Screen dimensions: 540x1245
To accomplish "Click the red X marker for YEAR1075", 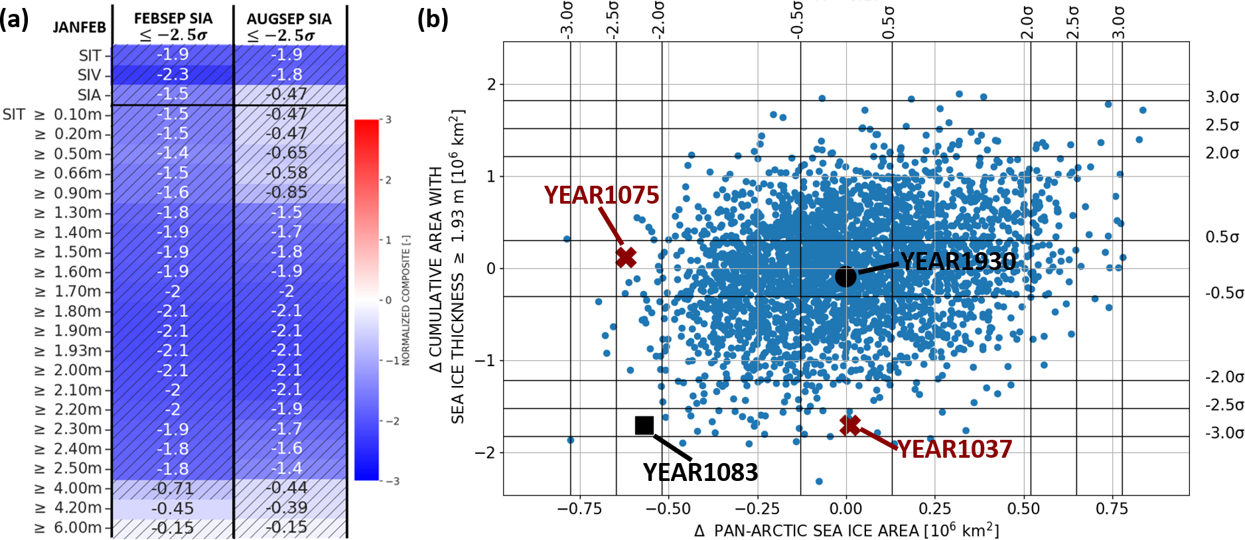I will [x=626, y=257].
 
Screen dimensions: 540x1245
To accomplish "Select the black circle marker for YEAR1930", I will [x=845, y=277].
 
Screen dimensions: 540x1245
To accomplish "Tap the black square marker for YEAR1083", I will [x=644, y=425].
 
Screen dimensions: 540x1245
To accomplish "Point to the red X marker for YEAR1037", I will [x=850, y=425].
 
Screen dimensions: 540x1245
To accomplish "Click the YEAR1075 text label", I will [x=601, y=195].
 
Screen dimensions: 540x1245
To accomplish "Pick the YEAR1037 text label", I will [x=954, y=449].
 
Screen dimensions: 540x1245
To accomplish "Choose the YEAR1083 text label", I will [x=700, y=472].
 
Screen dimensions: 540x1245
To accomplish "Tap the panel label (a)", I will [x=15, y=19].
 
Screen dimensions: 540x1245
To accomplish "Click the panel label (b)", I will [x=433, y=19].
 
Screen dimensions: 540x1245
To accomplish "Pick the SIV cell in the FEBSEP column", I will [x=173, y=74].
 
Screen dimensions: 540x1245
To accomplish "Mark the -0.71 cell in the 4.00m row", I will [x=173, y=488].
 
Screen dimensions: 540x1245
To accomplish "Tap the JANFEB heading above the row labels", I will [x=80, y=27].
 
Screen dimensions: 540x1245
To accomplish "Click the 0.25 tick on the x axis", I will [x=935, y=509].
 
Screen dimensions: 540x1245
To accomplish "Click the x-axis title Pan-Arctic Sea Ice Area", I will [x=846, y=531].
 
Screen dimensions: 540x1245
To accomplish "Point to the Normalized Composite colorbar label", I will [x=406, y=300].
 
